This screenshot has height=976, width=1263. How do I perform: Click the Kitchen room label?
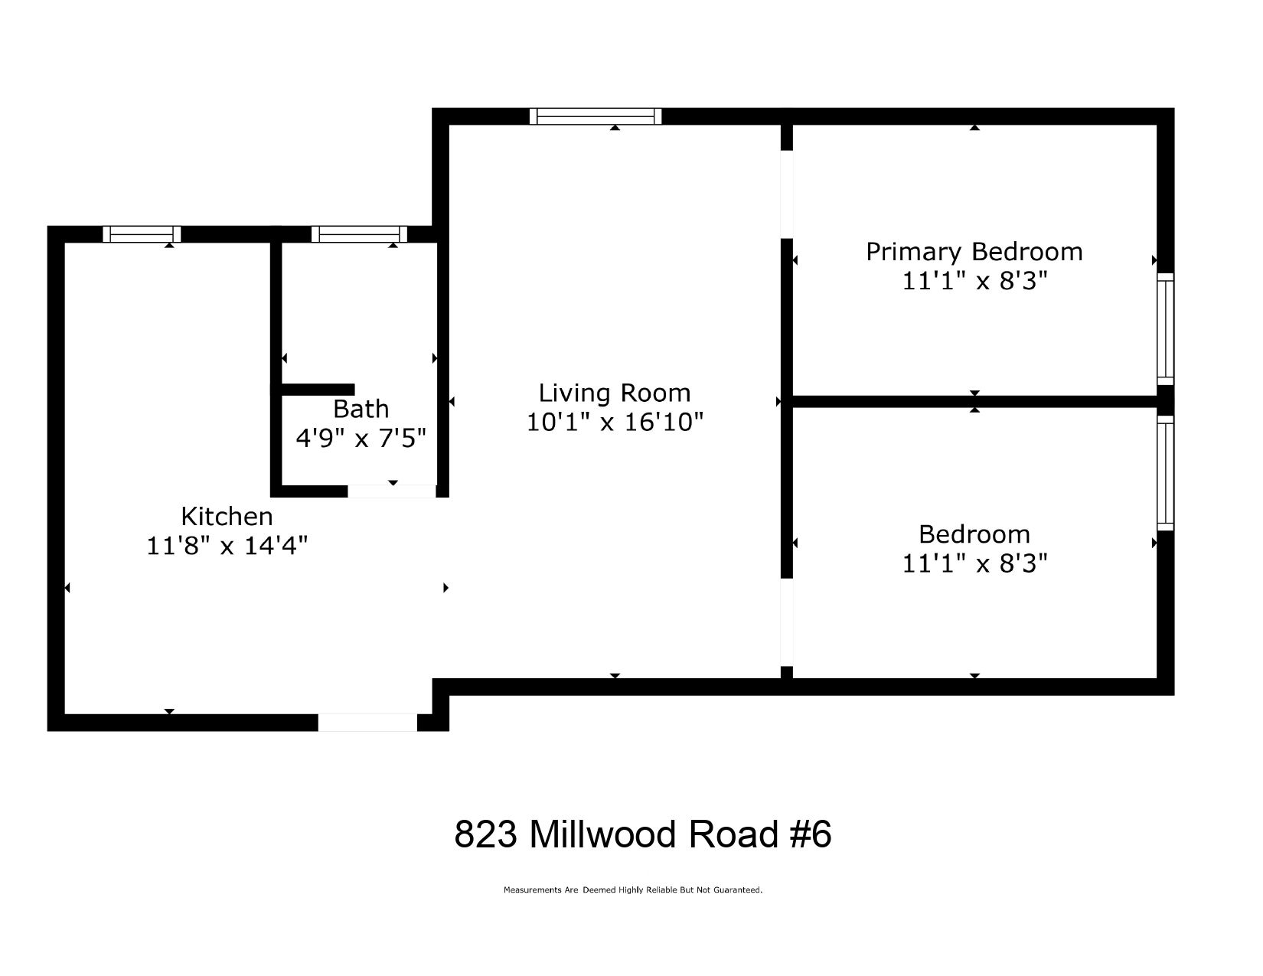click(x=227, y=516)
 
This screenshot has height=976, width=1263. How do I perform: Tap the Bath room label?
click(x=361, y=409)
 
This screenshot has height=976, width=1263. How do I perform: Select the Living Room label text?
click(x=615, y=393)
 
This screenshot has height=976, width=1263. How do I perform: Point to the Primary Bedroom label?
click(x=974, y=252)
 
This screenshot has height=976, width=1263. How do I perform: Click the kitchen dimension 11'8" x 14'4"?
click(x=227, y=546)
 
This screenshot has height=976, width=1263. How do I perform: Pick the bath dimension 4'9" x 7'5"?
click(x=361, y=438)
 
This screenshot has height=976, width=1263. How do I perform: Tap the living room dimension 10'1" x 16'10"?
click(x=615, y=422)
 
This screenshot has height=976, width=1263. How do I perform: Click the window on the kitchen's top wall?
click(x=142, y=234)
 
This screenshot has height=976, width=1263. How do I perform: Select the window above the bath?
click(x=359, y=234)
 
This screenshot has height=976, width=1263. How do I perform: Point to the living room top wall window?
click(x=596, y=116)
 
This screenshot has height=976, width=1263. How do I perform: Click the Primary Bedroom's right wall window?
click(x=1165, y=329)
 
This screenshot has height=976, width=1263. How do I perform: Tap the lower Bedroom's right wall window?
click(x=1165, y=472)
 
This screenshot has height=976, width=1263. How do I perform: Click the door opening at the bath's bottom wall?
click(x=392, y=491)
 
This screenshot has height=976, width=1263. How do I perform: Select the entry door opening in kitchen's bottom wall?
click(x=367, y=722)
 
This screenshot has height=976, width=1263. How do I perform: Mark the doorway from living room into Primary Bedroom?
click(x=786, y=194)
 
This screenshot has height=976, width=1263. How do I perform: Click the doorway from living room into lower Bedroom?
click(x=786, y=622)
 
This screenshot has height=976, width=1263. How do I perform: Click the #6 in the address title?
click(x=810, y=834)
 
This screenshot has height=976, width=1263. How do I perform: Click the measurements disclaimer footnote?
click(x=632, y=890)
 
